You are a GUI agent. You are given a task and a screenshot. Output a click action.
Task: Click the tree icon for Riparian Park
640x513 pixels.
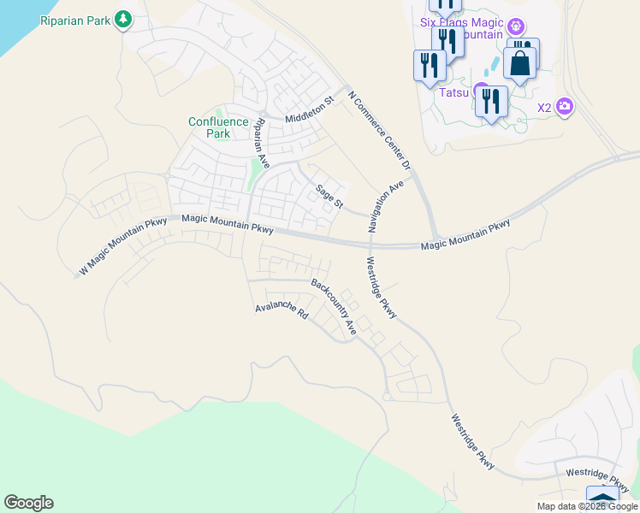124,18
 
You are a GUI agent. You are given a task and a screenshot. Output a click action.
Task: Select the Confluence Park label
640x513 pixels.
218,127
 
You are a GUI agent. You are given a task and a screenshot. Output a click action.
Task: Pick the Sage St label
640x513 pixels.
329,197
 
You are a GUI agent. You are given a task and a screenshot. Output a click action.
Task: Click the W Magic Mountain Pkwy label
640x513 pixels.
123,247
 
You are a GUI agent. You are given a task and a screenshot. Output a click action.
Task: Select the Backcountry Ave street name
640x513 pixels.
334,306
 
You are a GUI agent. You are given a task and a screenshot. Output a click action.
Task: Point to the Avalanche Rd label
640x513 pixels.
281,310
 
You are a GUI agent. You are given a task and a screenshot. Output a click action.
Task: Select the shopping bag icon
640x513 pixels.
519,62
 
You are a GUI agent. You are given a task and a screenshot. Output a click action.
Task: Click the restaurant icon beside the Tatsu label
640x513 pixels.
491,103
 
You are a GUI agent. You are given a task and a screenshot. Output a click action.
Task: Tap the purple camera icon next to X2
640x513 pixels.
564,107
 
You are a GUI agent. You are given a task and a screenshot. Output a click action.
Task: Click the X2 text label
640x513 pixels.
544,108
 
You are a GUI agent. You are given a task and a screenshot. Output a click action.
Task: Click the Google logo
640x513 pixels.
28,503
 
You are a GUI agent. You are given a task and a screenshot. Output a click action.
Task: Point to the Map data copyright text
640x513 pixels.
586,506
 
